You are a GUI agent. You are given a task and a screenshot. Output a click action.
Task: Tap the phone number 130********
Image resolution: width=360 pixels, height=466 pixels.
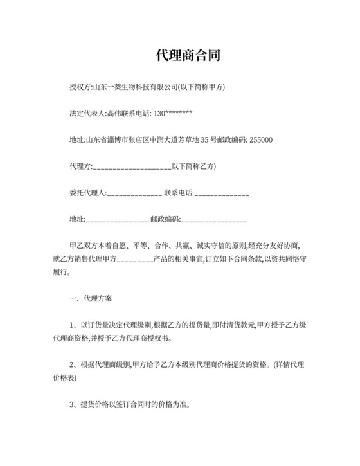pyautogui.click(x=174, y=114)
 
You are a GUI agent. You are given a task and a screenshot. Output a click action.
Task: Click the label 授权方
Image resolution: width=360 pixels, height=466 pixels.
pyautogui.click(x=80, y=87)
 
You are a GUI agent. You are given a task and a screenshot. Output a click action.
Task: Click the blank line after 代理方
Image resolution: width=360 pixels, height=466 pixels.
pyautogui.click(x=131, y=168)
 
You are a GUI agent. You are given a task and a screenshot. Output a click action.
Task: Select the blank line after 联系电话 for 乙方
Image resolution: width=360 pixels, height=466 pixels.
pyautogui.click(x=221, y=193)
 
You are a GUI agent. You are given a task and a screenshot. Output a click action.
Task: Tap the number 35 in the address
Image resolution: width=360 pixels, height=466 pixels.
pyautogui.click(x=206, y=140)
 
